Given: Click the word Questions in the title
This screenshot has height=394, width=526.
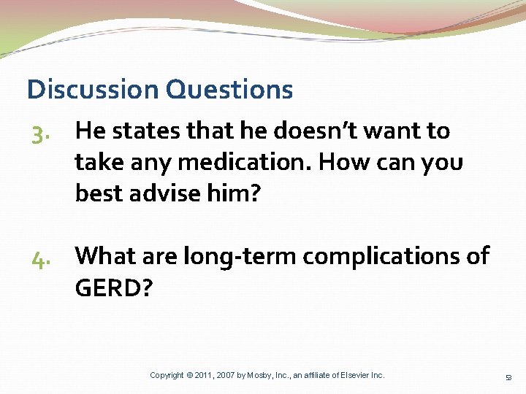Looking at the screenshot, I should coord(229,90).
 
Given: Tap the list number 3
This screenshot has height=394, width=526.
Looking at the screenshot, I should coord(40,133).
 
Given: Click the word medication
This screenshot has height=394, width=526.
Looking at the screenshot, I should coord(231,162).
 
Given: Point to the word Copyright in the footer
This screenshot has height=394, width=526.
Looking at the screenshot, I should coord(167,375).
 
